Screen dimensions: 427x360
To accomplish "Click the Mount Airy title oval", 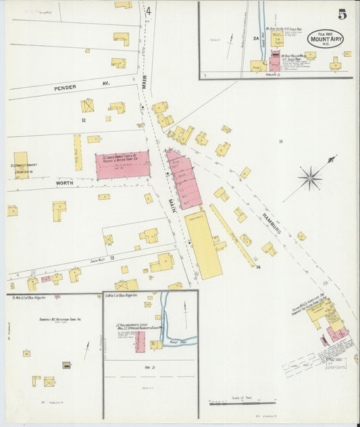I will (325, 38).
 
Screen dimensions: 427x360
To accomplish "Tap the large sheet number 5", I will (342, 14).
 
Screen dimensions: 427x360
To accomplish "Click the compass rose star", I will (310, 178).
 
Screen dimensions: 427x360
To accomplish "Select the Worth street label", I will (64, 183).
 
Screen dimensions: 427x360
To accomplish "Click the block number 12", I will (83, 120).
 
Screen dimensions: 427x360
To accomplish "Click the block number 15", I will (280, 141).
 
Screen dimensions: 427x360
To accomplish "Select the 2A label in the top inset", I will (256, 39).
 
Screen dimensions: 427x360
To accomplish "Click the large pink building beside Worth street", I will (122, 165).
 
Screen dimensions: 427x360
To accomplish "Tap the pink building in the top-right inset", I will (275, 62).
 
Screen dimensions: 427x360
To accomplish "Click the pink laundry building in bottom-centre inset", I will (140, 341).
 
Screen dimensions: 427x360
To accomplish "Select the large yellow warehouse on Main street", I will (203, 245).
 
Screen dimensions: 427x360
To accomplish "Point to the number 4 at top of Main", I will (148, 10).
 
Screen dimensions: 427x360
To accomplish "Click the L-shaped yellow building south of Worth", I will (59, 210).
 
